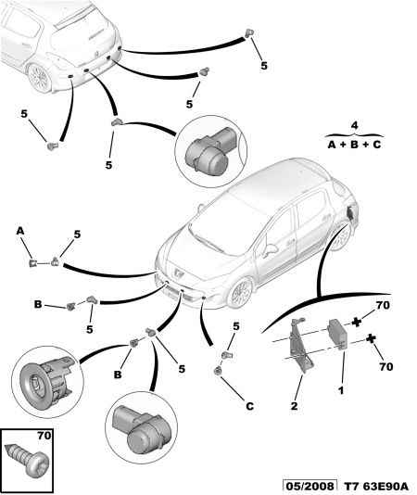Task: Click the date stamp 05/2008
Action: [x=310, y=487]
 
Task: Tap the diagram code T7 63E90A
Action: [x=375, y=487]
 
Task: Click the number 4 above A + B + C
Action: [x=355, y=125]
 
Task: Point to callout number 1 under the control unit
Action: [x=341, y=390]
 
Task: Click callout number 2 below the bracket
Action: [x=294, y=406]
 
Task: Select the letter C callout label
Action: [x=249, y=406]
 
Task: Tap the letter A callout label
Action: [x=20, y=231]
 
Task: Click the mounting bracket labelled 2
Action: [x=300, y=346]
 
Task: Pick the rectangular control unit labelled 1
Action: [x=337, y=335]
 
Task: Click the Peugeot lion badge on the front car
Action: [x=178, y=273]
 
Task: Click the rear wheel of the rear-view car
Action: [x=39, y=77]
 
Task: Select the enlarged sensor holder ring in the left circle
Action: [x=46, y=382]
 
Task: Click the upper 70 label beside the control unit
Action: [x=383, y=305]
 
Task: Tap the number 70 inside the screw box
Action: [x=44, y=436]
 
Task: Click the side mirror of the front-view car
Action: [x=272, y=248]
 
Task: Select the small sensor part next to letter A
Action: [x=32, y=262]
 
